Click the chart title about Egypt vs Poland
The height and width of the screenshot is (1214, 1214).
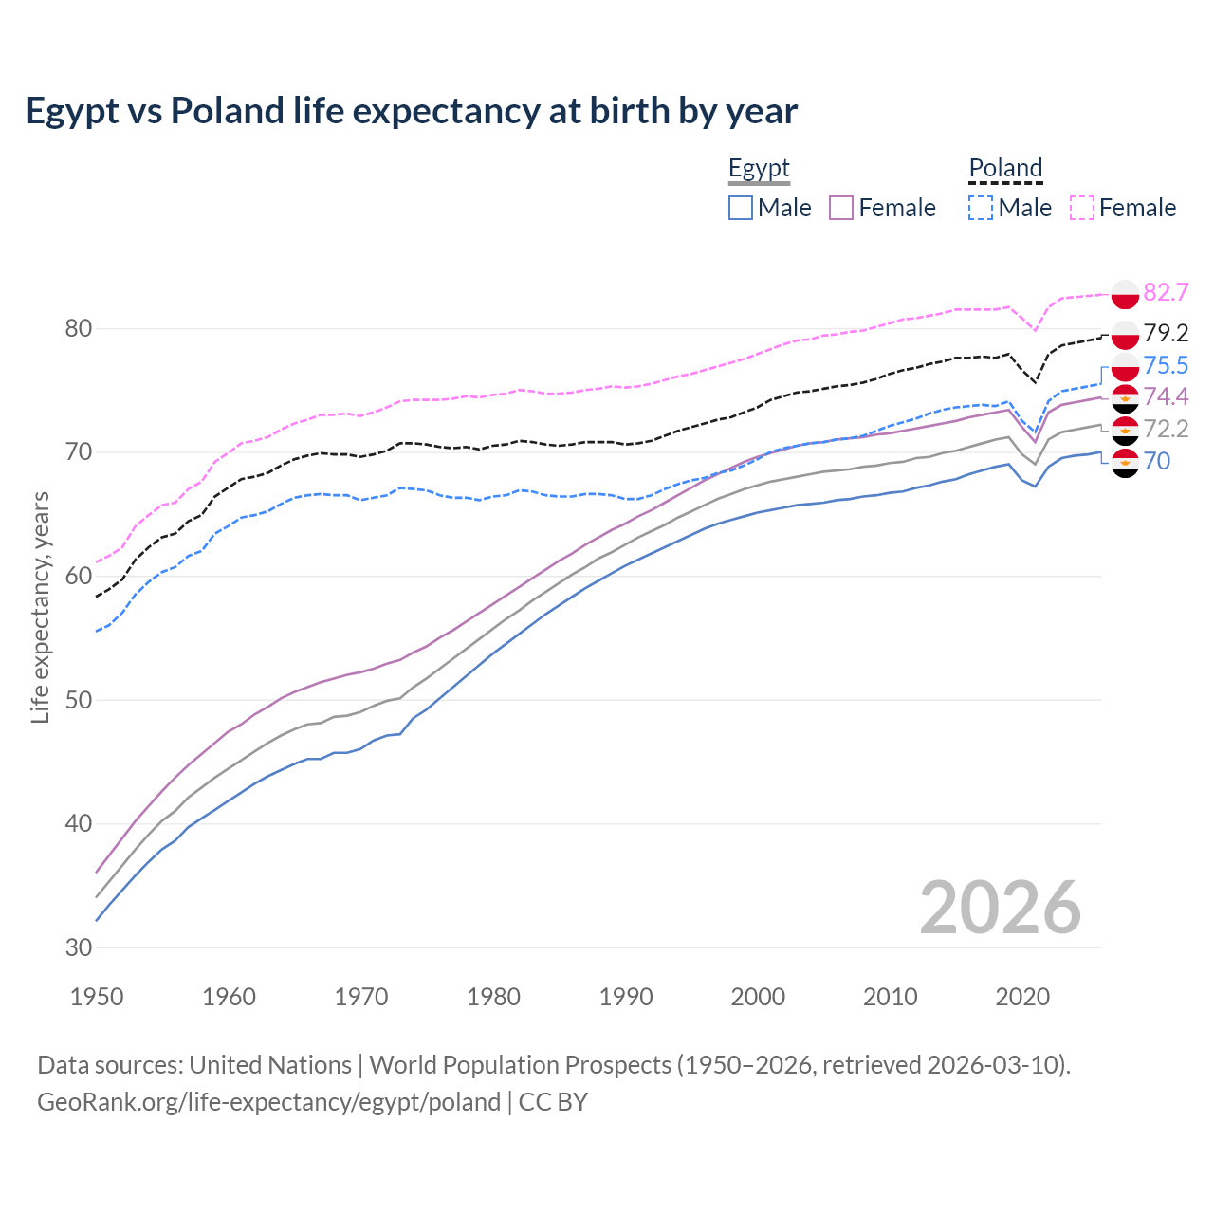411,111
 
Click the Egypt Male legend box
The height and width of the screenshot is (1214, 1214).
741,208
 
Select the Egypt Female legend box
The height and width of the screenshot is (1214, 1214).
842,208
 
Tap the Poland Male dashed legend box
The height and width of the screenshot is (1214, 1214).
981,208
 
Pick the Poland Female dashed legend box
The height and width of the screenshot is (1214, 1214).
1082,208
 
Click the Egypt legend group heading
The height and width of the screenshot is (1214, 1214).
759,169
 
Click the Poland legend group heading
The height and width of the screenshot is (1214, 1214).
1005,169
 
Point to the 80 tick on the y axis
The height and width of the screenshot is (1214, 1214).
79,329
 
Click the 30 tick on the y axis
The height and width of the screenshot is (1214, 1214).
79,947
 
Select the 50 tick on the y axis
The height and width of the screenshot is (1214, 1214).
79,700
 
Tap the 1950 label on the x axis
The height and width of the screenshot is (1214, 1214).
97,997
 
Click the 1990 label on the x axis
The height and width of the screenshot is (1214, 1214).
626,997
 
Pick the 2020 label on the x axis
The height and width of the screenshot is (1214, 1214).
1022,997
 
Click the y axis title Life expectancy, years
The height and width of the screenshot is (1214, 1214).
41,607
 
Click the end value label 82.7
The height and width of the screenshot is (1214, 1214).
1166,292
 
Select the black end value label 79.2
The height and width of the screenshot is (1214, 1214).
1166,333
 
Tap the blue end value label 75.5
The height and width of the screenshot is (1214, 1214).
1166,365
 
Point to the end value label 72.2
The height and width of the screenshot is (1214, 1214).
1166,429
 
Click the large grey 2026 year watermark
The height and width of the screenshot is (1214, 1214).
1001,908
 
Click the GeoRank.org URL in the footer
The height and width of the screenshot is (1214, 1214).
268,1102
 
